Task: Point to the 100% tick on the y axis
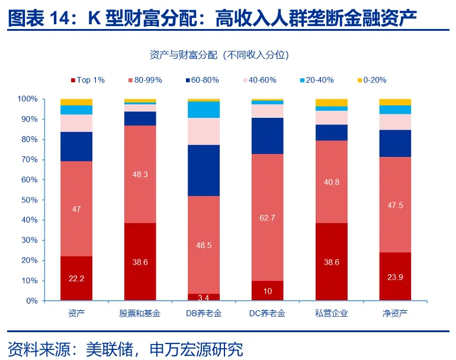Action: (x=28, y=99)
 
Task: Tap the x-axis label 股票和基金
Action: (x=140, y=312)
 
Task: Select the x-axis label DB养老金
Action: (x=204, y=312)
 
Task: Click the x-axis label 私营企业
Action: (x=332, y=312)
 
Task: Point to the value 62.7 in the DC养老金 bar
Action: (x=268, y=217)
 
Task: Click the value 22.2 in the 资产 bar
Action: (x=76, y=278)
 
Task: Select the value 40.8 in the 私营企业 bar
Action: (x=332, y=182)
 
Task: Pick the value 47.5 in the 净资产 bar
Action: (x=395, y=205)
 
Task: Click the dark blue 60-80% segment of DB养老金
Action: (x=204, y=171)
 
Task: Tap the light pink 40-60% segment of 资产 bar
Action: (x=76, y=123)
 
